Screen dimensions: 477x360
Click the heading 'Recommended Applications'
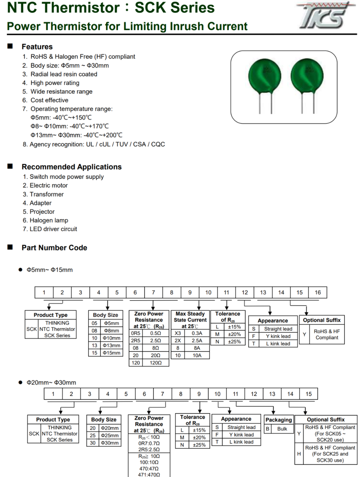(x=72, y=167)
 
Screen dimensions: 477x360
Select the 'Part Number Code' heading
(x=54, y=248)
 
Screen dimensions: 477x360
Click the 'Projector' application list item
(x=42, y=211)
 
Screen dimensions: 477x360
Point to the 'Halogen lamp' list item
(x=49, y=220)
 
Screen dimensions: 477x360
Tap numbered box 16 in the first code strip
(x=318, y=293)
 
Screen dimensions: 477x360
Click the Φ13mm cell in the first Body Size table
(x=111, y=345)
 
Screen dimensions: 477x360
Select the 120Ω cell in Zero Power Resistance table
(x=155, y=363)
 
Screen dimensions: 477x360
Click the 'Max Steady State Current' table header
(x=190, y=320)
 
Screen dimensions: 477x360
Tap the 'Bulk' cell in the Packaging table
(x=282, y=429)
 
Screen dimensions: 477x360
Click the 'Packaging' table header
(x=279, y=420)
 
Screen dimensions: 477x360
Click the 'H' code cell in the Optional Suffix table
(x=299, y=454)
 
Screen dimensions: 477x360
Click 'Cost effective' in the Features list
(x=49, y=100)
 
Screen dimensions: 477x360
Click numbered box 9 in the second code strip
(x=199, y=394)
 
